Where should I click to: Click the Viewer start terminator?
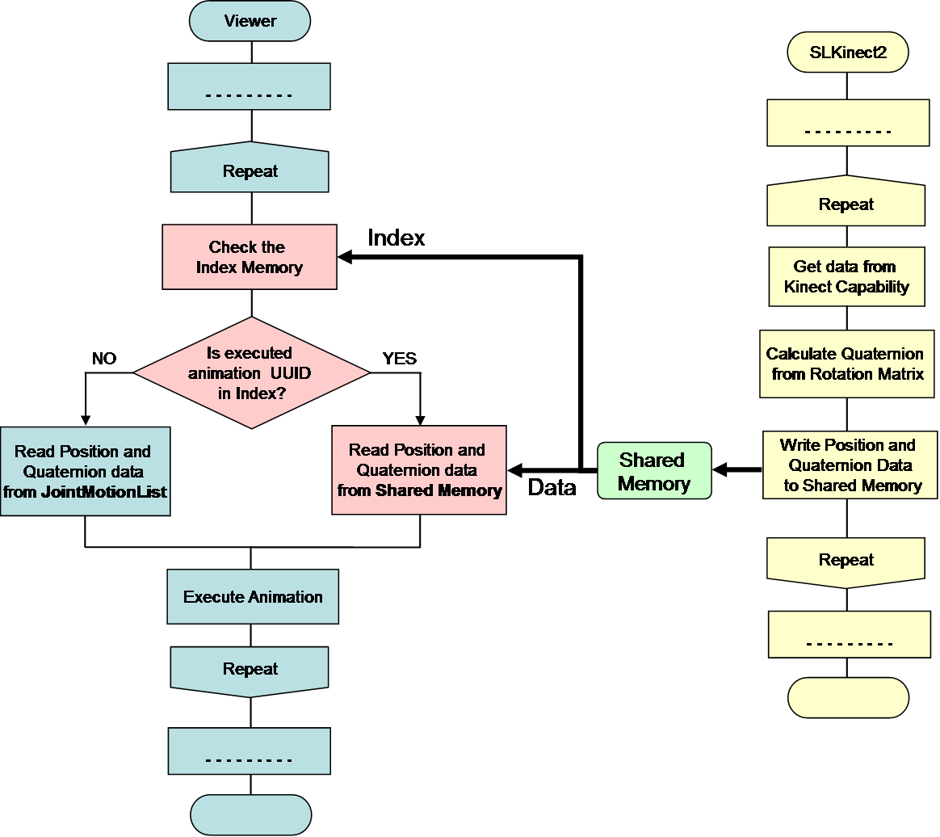pyautogui.click(x=250, y=21)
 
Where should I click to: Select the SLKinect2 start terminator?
pyautogui.click(x=847, y=53)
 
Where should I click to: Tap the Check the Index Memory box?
pyautogui.click(x=250, y=257)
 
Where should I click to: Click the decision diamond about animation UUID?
pyautogui.click(x=251, y=372)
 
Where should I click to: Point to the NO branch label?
pyautogui.click(x=104, y=359)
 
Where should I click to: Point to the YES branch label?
pyautogui.click(x=399, y=359)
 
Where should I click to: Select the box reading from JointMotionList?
pyautogui.click(x=85, y=471)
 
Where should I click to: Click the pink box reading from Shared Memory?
pyautogui.click(x=419, y=470)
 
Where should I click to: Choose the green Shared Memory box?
pyautogui.click(x=654, y=471)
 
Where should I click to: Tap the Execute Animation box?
pyautogui.click(x=253, y=597)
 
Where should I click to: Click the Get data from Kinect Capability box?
pyautogui.click(x=846, y=276)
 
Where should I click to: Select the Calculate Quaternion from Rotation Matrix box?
pyautogui.click(x=846, y=364)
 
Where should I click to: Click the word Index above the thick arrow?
pyautogui.click(x=396, y=238)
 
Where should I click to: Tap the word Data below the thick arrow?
pyautogui.click(x=552, y=487)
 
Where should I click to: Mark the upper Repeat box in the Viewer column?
pyautogui.click(x=250, y=171)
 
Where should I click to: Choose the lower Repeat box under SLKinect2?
pyautogui.click(x=846, y=561)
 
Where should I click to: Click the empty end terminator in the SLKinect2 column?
pyautogui.click(x=848, y=697)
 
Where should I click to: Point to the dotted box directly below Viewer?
pyautogui.click(x=250, y=86)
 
